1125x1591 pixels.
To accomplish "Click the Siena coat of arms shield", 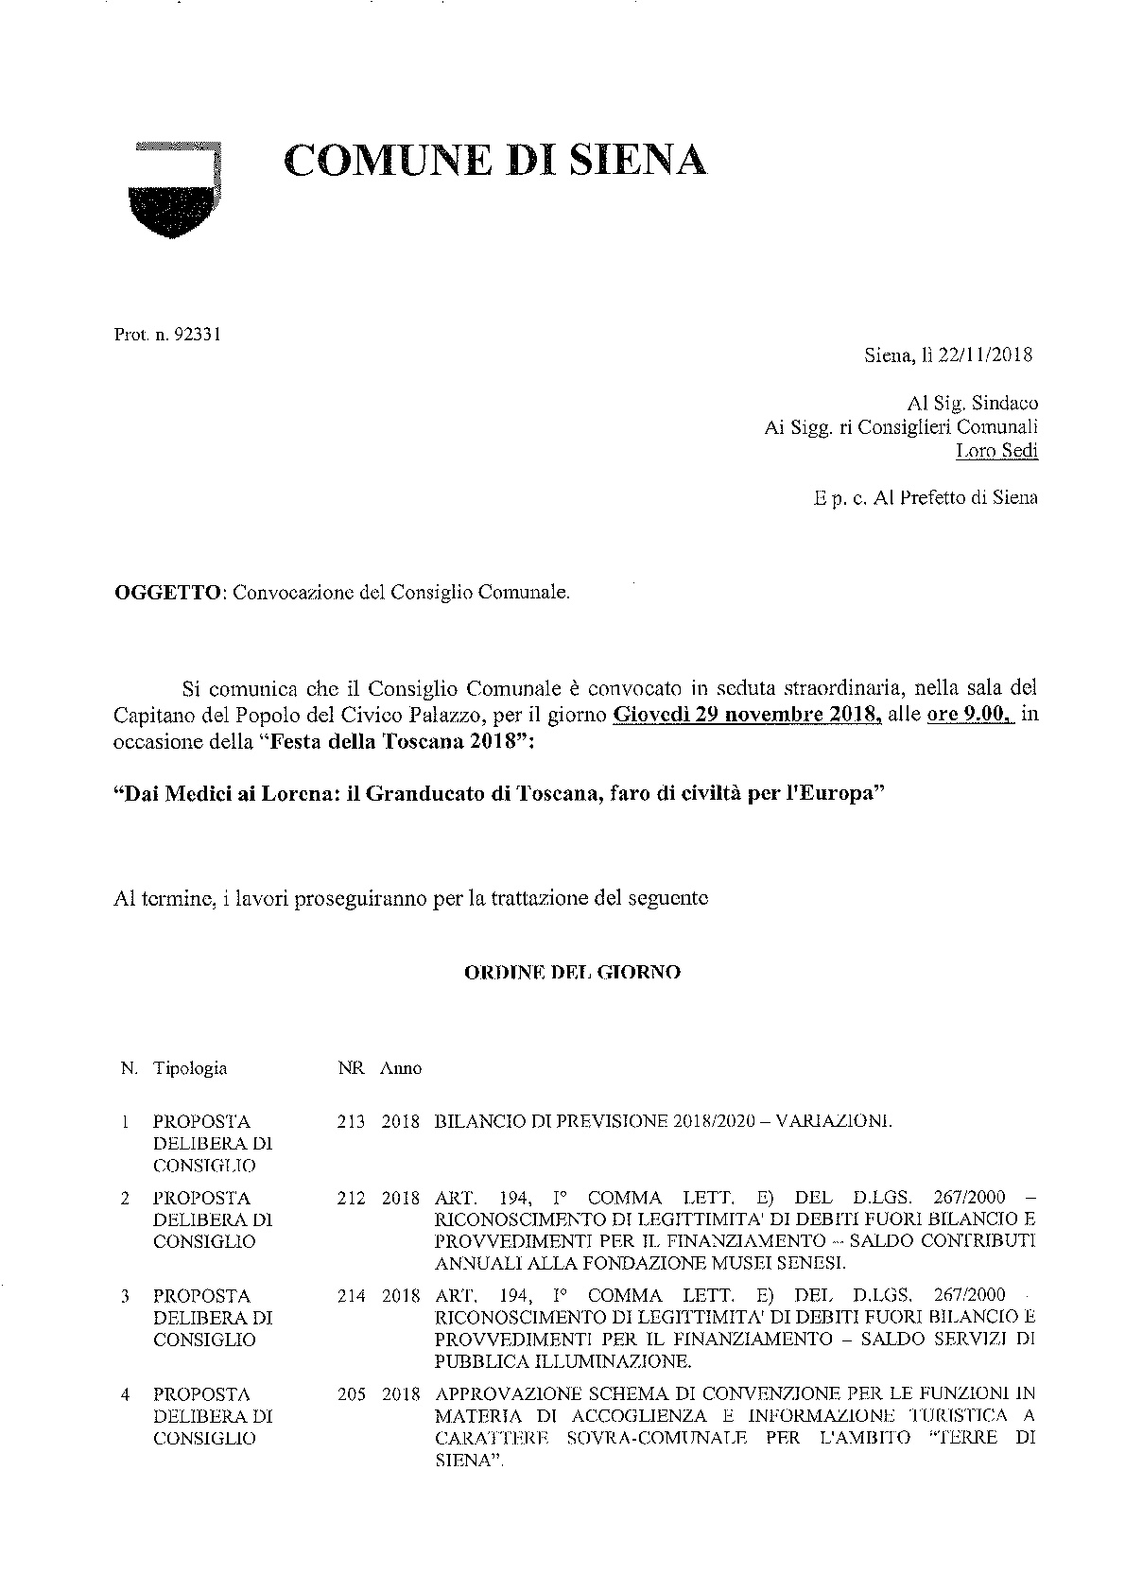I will (174, 190).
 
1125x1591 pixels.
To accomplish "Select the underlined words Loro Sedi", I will (997, 451).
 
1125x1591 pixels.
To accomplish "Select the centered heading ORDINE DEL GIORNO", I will (572, 972).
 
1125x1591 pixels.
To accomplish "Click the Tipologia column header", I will (190, 1068).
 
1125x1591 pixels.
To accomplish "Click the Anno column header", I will (401, 1069).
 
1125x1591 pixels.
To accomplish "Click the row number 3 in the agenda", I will (125, 1296).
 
